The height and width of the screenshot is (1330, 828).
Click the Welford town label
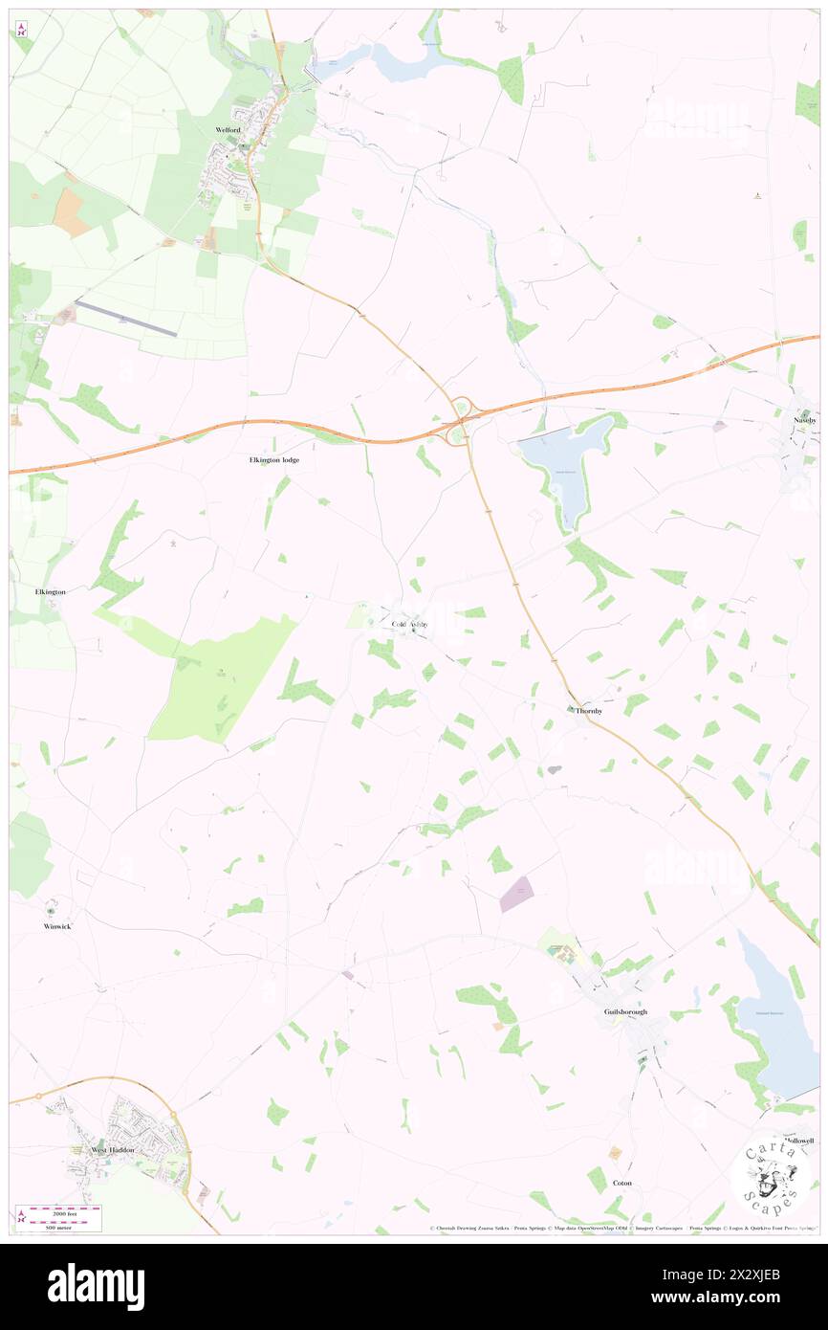click(227, 129)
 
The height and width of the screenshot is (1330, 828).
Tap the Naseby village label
click(804, 420)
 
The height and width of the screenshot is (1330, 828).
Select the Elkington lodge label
click(268, 460)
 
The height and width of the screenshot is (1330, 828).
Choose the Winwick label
click(57, 926)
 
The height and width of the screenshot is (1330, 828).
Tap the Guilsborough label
click(625, 1011)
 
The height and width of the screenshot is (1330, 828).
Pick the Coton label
click(622, 1183)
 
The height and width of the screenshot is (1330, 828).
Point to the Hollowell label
click(796, 1142)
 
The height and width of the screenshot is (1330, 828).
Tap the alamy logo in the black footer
click(96, 1286)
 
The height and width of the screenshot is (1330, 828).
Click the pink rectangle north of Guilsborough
click(516, 895)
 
